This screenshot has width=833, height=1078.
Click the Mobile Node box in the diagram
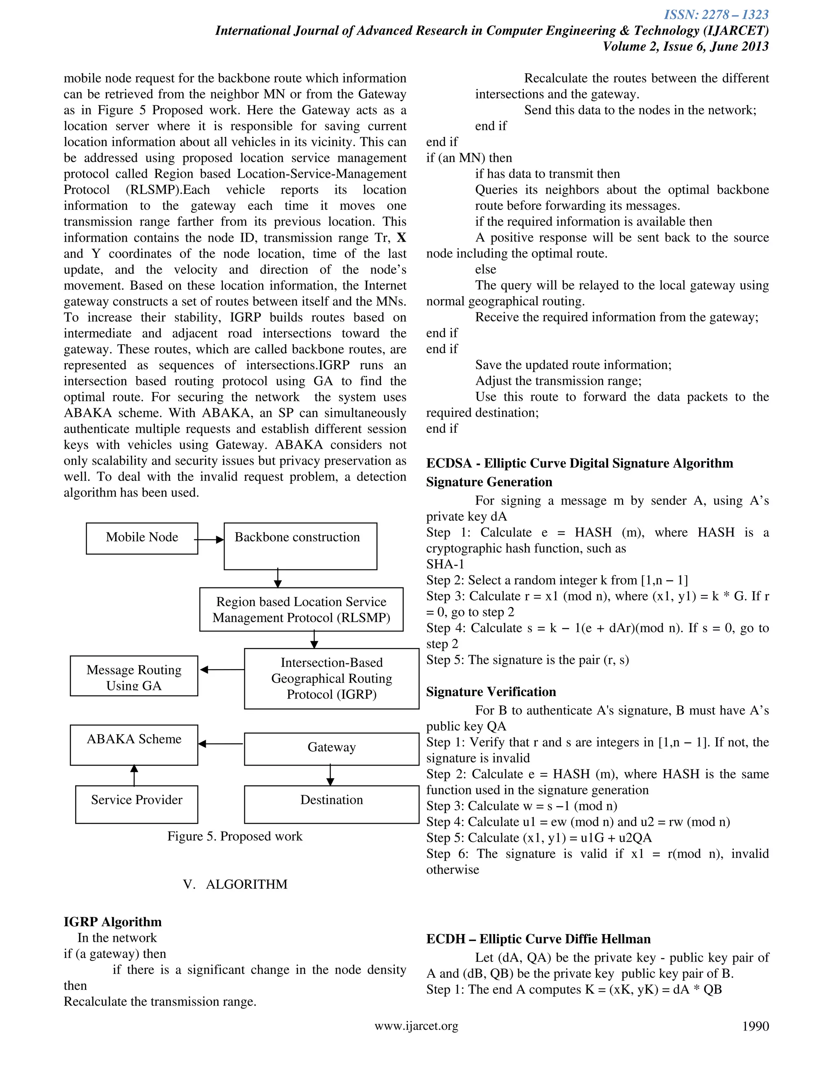tap(142, 538)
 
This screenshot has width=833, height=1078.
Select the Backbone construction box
tap(300, 546)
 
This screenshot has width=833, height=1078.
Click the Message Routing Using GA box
tap(134, 676)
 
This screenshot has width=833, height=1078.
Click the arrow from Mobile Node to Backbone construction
tap(210, 540)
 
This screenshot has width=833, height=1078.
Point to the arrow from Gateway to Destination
tap(330, 775)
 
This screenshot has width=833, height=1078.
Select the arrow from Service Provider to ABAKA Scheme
tap(134, 775)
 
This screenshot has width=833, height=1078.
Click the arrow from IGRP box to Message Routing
tap(222, 670)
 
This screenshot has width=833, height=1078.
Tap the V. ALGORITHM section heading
tap(235, 884)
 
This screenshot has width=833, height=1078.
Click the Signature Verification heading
tap(491, 692)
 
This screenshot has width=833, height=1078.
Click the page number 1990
tap(755, 1026)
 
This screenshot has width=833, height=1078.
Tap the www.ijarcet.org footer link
tap(416, 1026)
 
